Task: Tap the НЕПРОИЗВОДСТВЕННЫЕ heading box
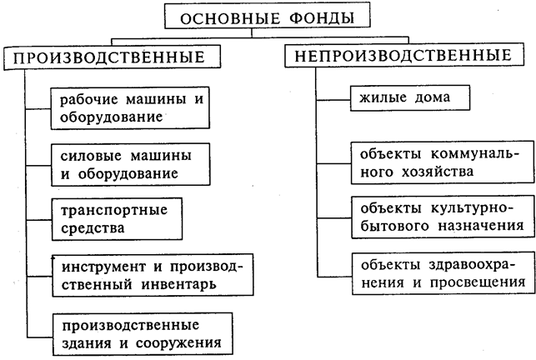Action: [x=398, y=57]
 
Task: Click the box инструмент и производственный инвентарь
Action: [x=151, y=274]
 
